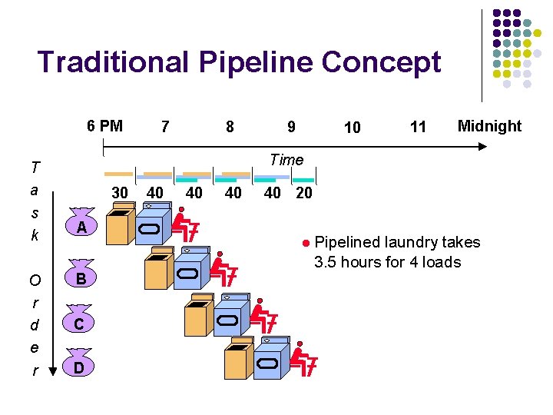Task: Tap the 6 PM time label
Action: click(104, 126)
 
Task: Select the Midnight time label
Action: click(489, 126)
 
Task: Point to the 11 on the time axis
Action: click(418, 128)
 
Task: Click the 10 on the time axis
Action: click(352, 128)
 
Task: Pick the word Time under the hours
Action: click(286, 160)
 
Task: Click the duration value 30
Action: click(120, 193)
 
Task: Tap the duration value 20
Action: click(304, 193)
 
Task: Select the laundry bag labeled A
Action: click(81, 226)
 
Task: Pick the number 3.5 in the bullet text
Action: click(326, 262)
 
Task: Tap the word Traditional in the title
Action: click(116, 62)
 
